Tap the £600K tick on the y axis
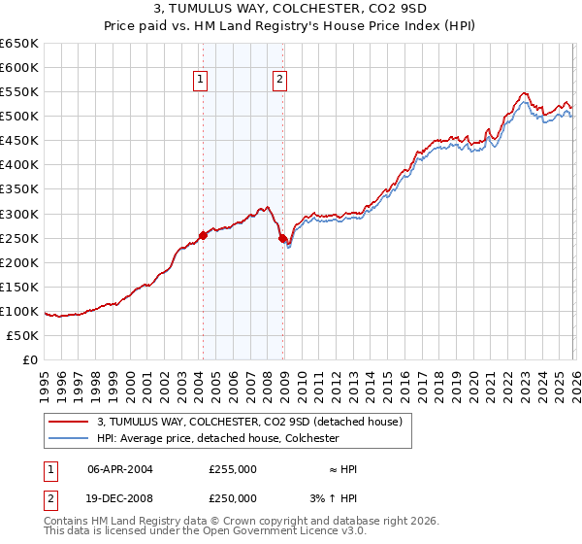[19, 67]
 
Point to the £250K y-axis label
[19, 238]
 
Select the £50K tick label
[22, 335]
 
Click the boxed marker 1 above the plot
[200, 81]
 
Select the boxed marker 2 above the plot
[279, 81]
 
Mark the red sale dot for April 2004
[203, 235]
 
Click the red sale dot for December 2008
[282, 238]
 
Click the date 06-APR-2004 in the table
[120, 469]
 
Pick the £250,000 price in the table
[233, 497]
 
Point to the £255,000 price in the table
[233, 469]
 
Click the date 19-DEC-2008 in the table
[120, 497]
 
